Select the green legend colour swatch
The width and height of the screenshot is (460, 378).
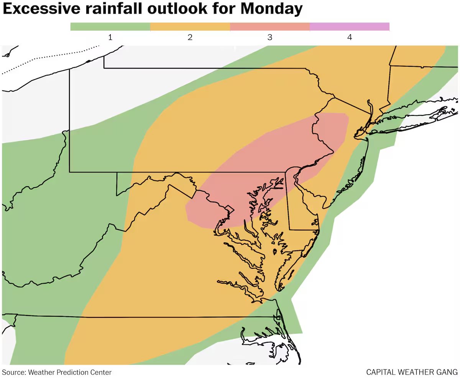tap(110, 26)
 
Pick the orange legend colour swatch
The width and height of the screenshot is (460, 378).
tap(190, 26)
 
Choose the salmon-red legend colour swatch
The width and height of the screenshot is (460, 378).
tap(270, 26)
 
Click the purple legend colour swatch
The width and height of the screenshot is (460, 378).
tap(350, 26)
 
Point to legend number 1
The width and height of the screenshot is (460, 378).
tap(110, 38)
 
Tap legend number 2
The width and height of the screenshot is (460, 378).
tap(190, 38)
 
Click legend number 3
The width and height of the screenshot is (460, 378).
tap(270, 38)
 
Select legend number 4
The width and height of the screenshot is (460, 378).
tap(350, 38)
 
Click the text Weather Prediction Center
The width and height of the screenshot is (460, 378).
tap(69, 372)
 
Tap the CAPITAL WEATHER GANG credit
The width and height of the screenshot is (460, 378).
tap(412, 372)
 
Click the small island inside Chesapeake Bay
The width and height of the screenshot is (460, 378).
tap(274, 251)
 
